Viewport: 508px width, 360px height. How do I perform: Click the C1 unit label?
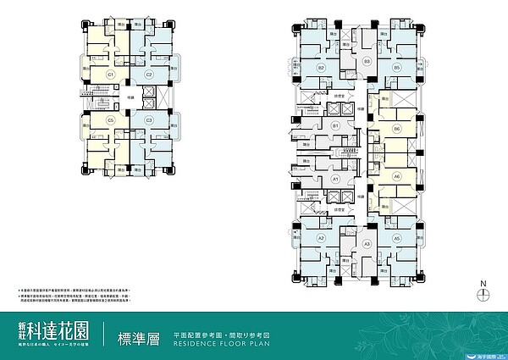(x=110, y=75)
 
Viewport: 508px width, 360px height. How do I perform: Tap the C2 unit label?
(x=148, y=75)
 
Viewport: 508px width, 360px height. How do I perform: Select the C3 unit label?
(x=148, y=120)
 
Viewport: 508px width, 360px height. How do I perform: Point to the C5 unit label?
(x=110, y=120)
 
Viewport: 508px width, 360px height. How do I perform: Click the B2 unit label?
(x=322, y=67)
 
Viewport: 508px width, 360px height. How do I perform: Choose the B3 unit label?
(x=367, y=62)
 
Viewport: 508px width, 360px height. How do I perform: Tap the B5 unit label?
(x=396, y=67)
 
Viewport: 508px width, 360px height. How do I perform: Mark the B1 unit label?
(x=335, y=126)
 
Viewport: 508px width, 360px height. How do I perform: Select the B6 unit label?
(x=396, y=129)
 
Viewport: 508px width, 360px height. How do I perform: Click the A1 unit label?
(x=335, y=180)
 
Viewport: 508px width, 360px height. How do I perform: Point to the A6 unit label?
(x=396, y=176)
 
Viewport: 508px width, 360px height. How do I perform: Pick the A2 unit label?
(x=322, y=239)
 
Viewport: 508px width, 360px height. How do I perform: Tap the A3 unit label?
(x=367, y=244)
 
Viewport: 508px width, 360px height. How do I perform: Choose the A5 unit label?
(x=396, y=239)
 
